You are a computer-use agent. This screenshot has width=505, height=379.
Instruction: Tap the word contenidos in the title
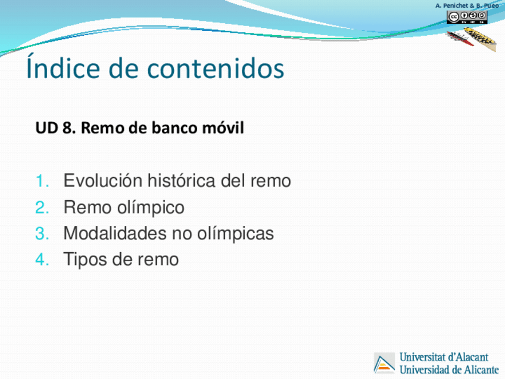pyautogui.click(x=216, y=68)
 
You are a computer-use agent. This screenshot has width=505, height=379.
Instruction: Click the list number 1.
pyautogui.click(x=42, y=181)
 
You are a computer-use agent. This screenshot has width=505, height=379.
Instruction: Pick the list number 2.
pyautogui.click(x=42, y=207)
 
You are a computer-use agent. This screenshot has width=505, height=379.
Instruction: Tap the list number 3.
pyautogui.click(x=42, y=234)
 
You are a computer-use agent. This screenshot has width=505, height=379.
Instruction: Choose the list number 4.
pyautogui.click(x=42, y=260)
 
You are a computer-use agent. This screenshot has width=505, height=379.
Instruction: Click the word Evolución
pyautogui.click(x=103, y=181)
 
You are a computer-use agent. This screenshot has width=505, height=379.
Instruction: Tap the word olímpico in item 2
pyautogui.click(x=151, y=208)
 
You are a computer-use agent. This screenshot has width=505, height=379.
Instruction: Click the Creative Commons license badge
pyautogui.click(x=467, y=17)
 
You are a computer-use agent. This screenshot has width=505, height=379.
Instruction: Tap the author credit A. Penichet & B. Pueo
pyautogui.click(x=467, y=5)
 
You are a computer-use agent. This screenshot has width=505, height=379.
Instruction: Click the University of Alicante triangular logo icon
pyautogui.click(x=384, y=363)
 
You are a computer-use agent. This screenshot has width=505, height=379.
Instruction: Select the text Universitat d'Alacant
pyautogui.click(x=444, y=357)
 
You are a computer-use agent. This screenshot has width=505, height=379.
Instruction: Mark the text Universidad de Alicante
pyautogui.click(x=449, y=369)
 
